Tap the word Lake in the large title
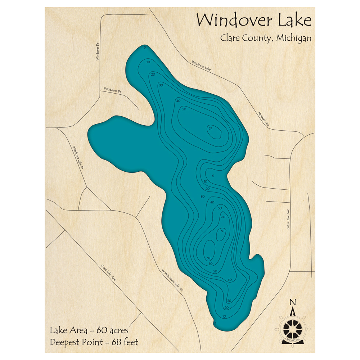[293, 20]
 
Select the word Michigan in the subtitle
[294, 38]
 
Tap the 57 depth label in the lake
[211, 129]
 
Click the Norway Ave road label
[264, 119]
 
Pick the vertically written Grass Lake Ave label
[288, 220]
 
